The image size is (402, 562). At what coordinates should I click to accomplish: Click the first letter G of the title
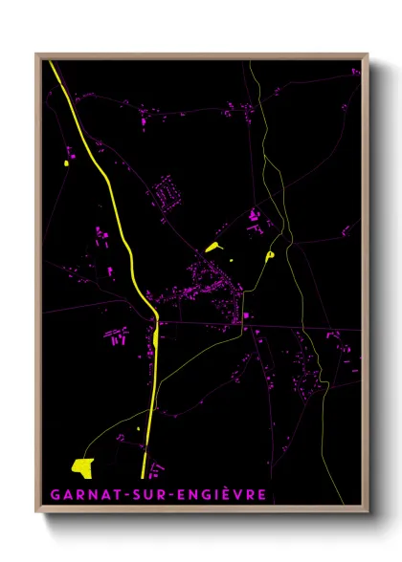(x=49, y=495)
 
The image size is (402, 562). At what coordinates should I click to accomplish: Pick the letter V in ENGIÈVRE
(x=239, y=495)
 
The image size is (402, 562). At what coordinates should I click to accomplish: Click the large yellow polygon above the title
(x=82, y=466)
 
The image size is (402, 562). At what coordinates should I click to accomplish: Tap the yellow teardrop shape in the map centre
(x=212, y=248)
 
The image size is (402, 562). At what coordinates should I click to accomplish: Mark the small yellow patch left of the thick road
(x=66, y=164)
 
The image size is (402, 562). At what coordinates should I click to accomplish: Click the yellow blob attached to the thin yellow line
(x=271, y=255)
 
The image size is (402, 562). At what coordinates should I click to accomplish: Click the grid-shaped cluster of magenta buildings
(x=168, y=193)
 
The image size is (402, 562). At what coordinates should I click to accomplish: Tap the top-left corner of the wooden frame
(x=37, y=54)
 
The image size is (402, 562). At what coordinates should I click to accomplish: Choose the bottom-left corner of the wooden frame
(x=37, y=511)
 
